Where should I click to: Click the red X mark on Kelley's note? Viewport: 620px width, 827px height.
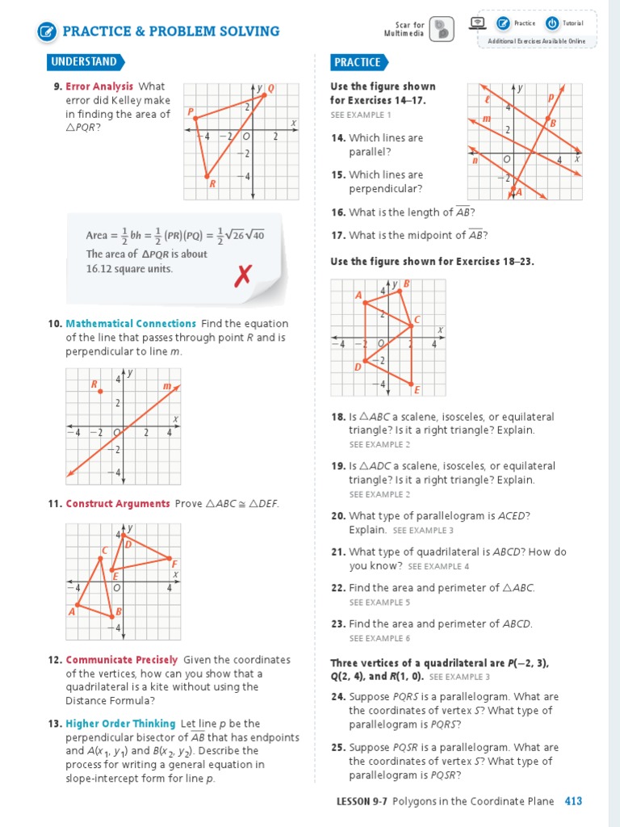pyautogui.click(x=241, y=278)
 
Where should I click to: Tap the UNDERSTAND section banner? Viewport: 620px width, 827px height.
pyautogui.click(x=83, y=62)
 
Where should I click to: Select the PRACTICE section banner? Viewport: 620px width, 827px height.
pyautogui.click(x=357, y=62)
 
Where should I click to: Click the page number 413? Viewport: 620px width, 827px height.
pyautogui.click(x=573, y=801)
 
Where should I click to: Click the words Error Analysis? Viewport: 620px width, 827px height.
pyautogui.click(x=99, y=86)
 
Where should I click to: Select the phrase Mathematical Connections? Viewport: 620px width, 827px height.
pyautogui.click(x=131, y=324)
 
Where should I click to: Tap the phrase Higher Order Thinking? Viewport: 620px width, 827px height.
pyautogui.click(x=120, y=724)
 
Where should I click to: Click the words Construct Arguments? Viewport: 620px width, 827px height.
pyautogui.click(x=118, y=504)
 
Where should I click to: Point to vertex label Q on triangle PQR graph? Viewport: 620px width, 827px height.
pyautogui.click(x=270, y=88)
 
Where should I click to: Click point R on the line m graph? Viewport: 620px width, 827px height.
pyautogui.click(x=100, y=391)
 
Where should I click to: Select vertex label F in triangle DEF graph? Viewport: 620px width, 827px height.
pyautogui.click(x=174, y=563)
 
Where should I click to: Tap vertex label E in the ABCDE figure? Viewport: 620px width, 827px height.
pyautogui.click(x=417, y=390)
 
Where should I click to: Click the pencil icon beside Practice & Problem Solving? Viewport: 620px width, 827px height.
pyautogui.click(x=47, y=31)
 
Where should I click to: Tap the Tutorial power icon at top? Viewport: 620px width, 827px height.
pyautogui.click(x=552, y=23)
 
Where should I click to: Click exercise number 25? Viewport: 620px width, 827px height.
pyautogui.click(x=338, y=748)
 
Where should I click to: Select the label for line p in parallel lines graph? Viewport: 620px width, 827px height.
pyautogui.click(x=551, y=97)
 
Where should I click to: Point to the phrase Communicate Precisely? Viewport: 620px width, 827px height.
pyautogui.click(x=121, y=660)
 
